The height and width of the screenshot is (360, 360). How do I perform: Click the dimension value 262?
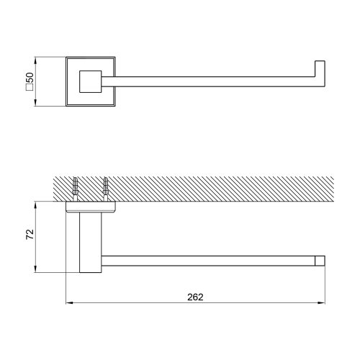(194, 297)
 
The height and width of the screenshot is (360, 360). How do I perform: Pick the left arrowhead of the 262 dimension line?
(69, 302)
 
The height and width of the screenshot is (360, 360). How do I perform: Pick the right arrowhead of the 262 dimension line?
(326, 302)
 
